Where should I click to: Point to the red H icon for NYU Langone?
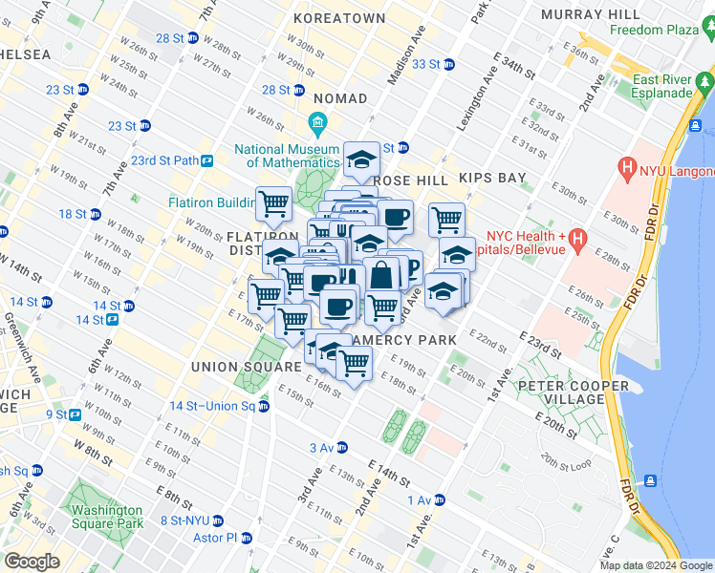click(627, 171)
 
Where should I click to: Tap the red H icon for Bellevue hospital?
click(576, 237)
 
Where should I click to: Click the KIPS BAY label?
click(492, 179)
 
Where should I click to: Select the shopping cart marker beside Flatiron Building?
click(274, 202)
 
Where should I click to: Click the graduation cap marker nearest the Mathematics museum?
click(361, 159)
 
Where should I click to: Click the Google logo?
click(32, 562)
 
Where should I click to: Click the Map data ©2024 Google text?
click(655, 565)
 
